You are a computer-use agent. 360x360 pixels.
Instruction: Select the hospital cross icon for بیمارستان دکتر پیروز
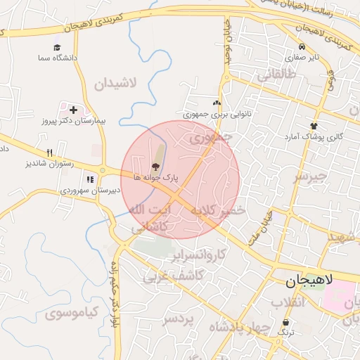pyautogui.click(x=73, y=110)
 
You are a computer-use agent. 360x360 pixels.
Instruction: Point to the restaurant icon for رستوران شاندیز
pyautogui.click(x=49, y=152)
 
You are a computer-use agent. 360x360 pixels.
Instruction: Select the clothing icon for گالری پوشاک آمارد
pyautogui.click(x=313, y=126)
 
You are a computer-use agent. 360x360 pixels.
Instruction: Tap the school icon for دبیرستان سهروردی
pyautogui.click(x=90, y=179)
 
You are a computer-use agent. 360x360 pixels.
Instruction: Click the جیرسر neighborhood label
pyautogui.click(x=311, y=176)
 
